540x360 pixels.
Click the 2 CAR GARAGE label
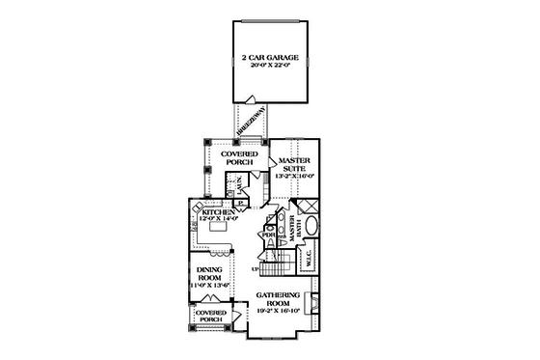pyautogui.click(x=270, y=58)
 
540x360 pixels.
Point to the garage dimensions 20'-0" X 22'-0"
pyautogui.click(x=270, y=68)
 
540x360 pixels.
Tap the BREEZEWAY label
pyautogui.click(x=255, y=123)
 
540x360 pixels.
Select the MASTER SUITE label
pyautogui.click(x=292, y=165)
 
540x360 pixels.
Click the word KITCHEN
pyautogui.click(x=218, y=211)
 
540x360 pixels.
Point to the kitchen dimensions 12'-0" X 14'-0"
pyautogui.click(x=218, y=219)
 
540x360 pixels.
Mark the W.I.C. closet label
pyautogui.click(x=309, y=259)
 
